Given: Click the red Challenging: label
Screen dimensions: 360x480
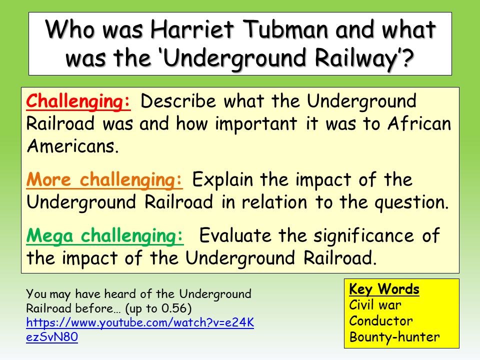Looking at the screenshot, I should point(78,101).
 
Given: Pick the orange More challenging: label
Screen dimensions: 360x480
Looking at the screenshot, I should point(104,180).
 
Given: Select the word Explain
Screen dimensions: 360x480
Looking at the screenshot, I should point(223,180).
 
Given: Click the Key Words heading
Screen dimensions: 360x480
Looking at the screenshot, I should point(384,289).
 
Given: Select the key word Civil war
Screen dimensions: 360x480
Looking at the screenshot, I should point(375,305).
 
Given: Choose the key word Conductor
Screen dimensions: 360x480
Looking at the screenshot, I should point(381,320).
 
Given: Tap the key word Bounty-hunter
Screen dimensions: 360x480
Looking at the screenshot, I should point(394,336).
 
